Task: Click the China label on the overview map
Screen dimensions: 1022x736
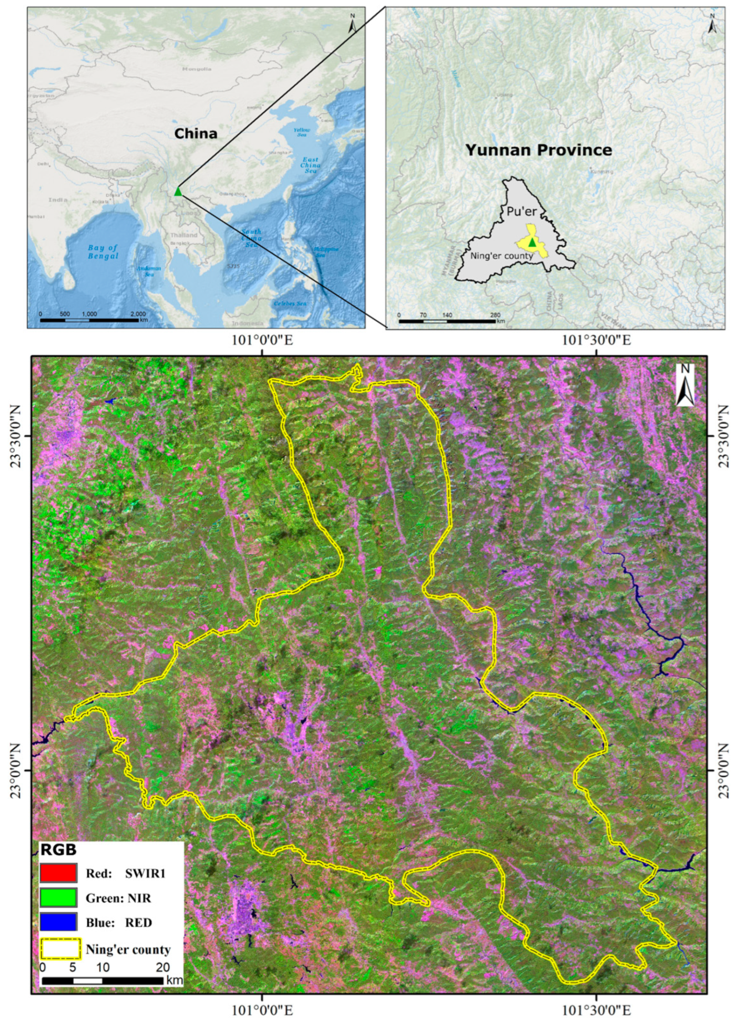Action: [195, 133]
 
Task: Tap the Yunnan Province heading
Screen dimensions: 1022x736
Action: [539, 150]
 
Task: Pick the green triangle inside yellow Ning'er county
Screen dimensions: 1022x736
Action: [532, 242]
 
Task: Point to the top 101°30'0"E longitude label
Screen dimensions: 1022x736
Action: [596, 340]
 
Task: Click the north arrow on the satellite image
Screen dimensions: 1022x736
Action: [685, 385]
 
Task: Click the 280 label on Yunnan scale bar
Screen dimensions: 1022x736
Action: [495, 315]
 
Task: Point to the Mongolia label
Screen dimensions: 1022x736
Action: [197, 69]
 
